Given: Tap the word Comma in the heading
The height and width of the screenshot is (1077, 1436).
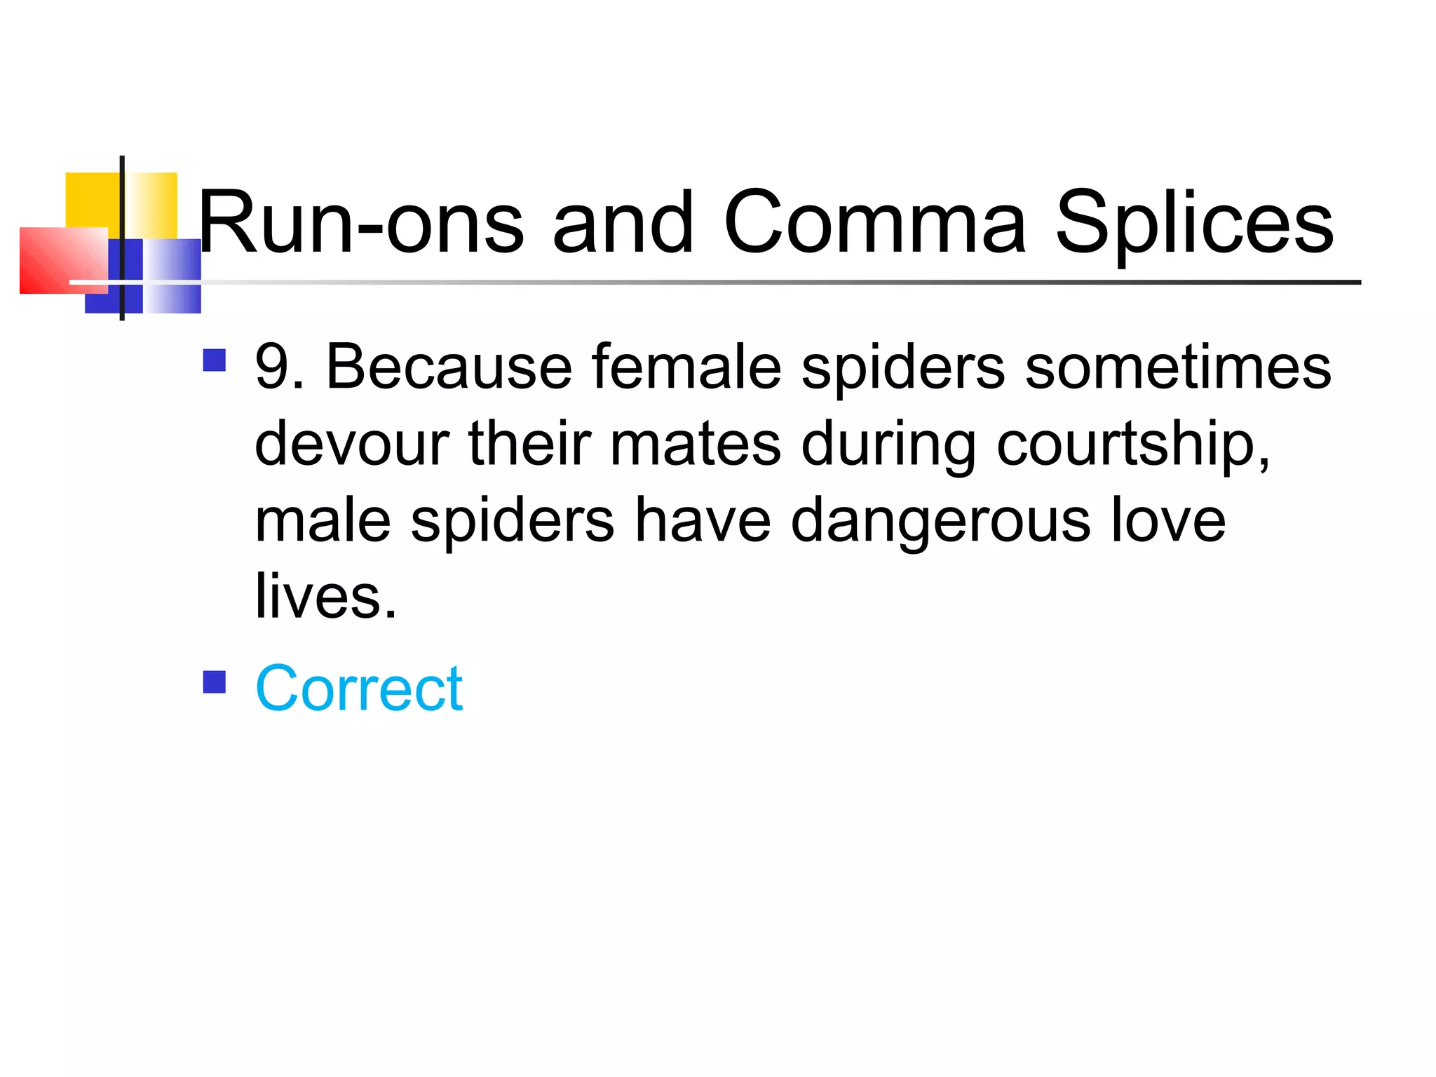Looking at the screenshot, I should (875, 223).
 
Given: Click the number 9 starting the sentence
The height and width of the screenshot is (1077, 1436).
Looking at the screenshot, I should (271, 367).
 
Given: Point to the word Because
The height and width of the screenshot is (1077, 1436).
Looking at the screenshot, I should (449, 367).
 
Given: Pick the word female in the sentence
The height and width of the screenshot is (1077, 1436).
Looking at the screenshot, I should (686, 367).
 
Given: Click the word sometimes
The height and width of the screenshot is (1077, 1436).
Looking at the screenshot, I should (1178, 367).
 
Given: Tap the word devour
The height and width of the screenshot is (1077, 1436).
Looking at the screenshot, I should (351, 443).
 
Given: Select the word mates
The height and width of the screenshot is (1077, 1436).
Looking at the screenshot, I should (695, 443).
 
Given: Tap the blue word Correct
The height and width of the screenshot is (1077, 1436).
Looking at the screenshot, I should (359, 689).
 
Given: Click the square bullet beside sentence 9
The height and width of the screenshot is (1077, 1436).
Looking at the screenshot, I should (215, 360).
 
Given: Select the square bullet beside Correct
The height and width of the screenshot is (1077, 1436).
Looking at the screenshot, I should (215, 682).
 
